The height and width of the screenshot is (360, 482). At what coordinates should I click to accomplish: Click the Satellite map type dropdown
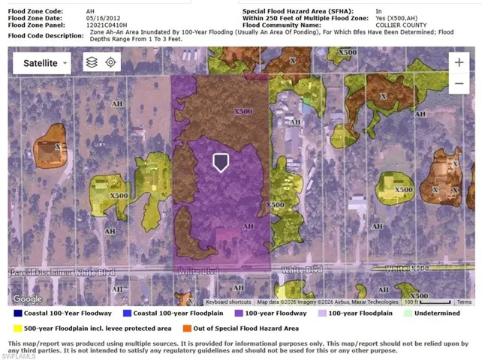[41, 63]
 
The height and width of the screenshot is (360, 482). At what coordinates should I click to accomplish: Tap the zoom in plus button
[458, 62]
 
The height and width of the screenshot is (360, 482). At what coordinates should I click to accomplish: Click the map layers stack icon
[91, 63]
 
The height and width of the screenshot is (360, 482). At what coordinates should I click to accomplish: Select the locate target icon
[110, 63]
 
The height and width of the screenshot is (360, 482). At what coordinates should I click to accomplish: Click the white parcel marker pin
[221, 163]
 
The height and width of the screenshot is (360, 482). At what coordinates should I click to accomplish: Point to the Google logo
[27, 299]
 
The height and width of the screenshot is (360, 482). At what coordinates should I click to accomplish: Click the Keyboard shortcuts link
[228, 302]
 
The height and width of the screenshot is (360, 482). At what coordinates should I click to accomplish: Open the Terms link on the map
[465, 302]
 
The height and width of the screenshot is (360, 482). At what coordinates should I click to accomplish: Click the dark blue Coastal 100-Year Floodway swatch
[17, 313]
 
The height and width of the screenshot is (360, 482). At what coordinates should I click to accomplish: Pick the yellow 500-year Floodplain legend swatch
[17, 328]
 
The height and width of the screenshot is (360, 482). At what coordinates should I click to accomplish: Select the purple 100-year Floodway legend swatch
[239, 313]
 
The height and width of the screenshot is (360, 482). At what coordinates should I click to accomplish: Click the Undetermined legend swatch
[408, 313]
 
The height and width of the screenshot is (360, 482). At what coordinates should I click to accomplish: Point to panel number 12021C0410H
[107, 25]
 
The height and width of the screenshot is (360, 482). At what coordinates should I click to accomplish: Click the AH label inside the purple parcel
[249, 226]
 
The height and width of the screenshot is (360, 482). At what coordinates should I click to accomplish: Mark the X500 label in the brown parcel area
[243, 112]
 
